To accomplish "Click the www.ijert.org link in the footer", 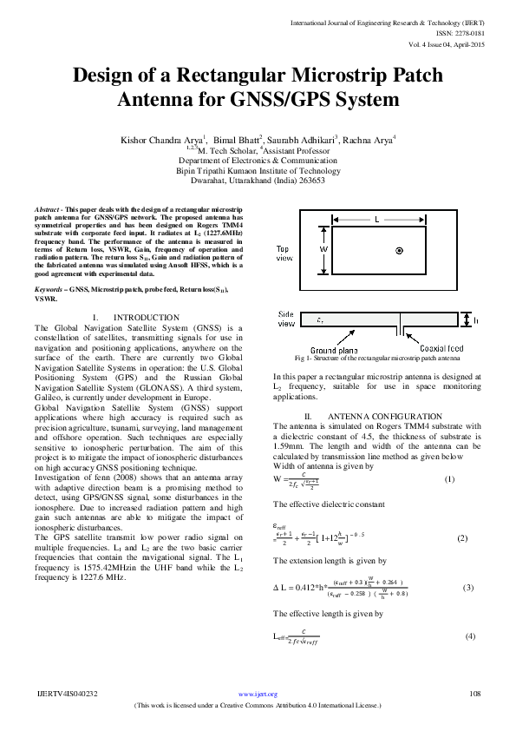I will (x=258, y=694).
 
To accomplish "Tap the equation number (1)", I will (x=448, y=480).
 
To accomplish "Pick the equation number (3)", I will (x=468, y=588).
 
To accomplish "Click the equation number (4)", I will (x=470, y=636).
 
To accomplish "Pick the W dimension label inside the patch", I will (x=323, y=248).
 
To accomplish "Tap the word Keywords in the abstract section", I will (x=51, y=287).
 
